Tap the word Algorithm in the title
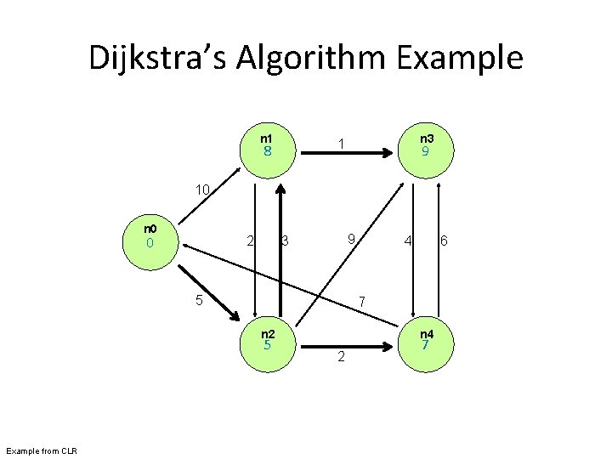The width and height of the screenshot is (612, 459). (x=323, y=59)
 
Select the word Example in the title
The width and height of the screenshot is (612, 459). (x=467, y=59)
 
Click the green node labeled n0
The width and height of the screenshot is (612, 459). (x=149, y=242)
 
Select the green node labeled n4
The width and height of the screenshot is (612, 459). (x=426, y=342)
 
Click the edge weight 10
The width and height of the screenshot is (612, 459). (x=202, y=189)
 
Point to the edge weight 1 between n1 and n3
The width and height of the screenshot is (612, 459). (x=340, y=144)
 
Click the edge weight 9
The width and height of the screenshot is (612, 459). (x=350, y=240)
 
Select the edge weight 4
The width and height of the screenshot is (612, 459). (x=409, y=241)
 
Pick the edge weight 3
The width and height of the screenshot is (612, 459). (x=286, y=241)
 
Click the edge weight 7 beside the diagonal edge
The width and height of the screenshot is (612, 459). (x=361, y=302)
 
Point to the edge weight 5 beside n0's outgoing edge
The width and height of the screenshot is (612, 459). (x=198, y=299)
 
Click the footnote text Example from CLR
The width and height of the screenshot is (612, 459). (x=41, y=450)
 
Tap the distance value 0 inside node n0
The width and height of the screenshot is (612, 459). (x=149, y=243)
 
